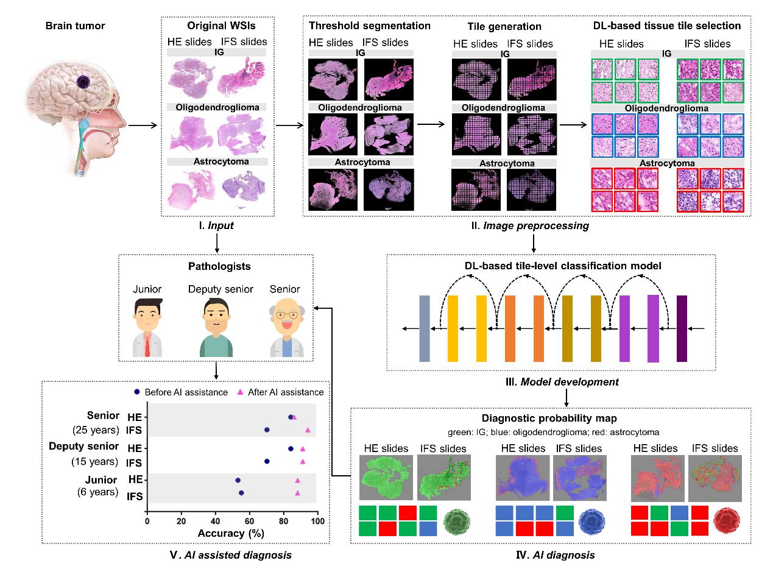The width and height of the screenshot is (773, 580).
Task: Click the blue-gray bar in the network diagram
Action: pos(425,328)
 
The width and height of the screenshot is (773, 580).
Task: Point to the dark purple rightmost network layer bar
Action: pos(682,328)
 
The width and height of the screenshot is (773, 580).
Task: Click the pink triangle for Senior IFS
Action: pos(308,430)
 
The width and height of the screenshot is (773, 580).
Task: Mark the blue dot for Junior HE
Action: pos(238,480)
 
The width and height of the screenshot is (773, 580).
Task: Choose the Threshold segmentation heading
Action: pos(369,26)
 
